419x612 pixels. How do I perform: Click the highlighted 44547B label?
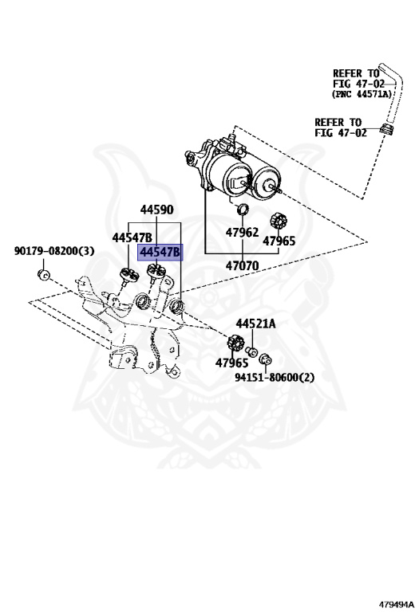coord(160,253)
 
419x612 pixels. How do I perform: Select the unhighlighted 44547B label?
coord(132,237)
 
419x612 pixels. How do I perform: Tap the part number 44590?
coord(156,210)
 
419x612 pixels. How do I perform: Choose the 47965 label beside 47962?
coord(279,241)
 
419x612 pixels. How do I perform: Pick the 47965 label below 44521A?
coord(231,363)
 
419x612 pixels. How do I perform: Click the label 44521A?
coord(255,324)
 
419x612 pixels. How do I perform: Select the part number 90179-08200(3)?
coord(53,251)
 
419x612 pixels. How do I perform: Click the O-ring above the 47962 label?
coord(243,210)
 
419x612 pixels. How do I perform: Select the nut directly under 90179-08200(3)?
coord(45,276)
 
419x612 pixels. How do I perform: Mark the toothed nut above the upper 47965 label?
coord(279,219)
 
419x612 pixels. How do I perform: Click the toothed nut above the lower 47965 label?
coord(234,343)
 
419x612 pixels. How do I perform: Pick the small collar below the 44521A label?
coord(250,351)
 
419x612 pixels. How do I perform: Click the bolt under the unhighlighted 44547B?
coord(126,277)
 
